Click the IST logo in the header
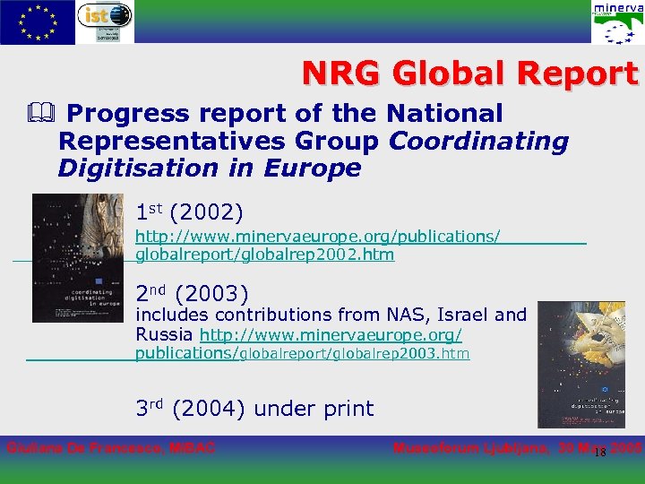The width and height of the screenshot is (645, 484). coord(106,22)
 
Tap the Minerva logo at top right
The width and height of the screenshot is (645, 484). coord(616,22)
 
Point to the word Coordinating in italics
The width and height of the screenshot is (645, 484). coord(479,142)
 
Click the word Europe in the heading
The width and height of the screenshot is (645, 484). coord(313,169)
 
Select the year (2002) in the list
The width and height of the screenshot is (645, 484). coord(206,213)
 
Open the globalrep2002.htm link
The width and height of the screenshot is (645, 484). coord(264,255)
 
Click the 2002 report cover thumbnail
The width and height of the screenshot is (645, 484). coord(78,258)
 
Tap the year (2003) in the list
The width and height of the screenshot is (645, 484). coord(212,293)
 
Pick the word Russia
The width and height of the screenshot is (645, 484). coord(164,334)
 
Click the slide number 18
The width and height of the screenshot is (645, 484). coord(600,452)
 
